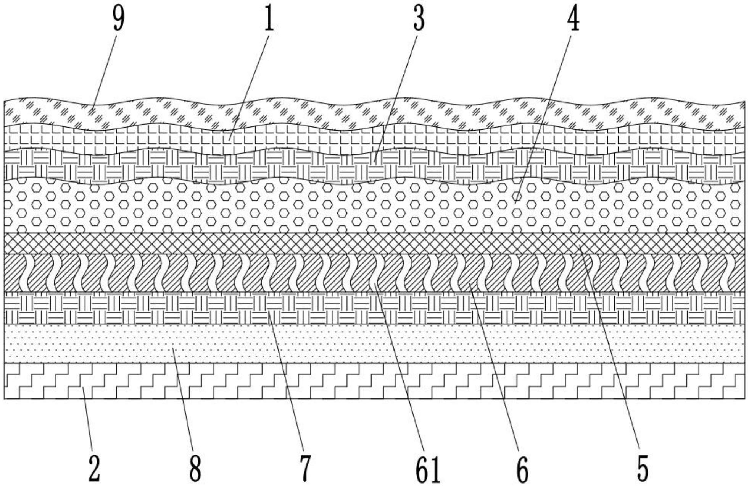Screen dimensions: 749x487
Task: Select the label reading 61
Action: click(x=427, y=469)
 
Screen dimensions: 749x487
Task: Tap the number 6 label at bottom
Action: click(x=522, y=469)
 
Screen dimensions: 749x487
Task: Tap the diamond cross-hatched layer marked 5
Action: click(x=343, y=243)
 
